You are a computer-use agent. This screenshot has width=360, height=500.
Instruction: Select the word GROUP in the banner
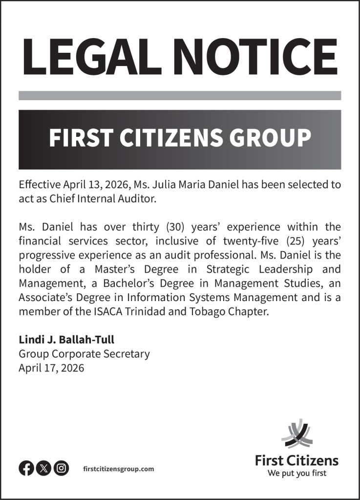(270, 138)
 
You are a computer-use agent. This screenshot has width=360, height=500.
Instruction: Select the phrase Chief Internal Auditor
(92, 199)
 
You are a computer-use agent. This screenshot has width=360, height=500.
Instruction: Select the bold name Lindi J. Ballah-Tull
(66, 340)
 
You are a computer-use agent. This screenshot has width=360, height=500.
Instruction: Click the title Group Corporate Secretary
(84, 354)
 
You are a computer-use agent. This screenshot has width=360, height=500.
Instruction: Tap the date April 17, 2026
(51, 368)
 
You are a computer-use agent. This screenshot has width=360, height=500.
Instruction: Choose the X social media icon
(43, 468)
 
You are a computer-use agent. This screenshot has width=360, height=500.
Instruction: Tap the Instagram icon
(61, 468)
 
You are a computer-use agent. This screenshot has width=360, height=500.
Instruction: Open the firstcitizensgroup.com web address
(119, 469)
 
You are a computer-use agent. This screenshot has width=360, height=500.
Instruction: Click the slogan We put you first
(296, 473)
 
